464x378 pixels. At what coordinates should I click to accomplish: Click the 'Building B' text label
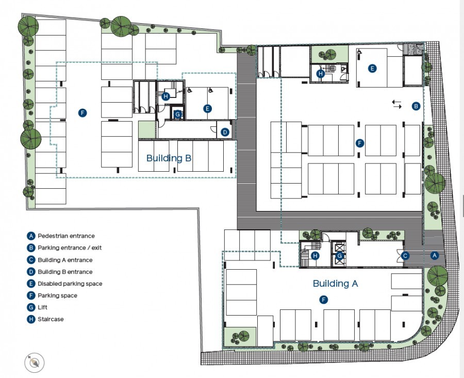point(169,158)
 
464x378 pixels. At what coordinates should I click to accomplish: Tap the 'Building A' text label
point(335,283)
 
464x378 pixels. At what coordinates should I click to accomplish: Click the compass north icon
point(35,363)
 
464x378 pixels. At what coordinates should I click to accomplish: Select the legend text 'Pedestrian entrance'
point(66,236)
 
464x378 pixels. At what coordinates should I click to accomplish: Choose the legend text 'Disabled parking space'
point(70,284)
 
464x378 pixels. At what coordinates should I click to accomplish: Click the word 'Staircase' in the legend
point(51,319)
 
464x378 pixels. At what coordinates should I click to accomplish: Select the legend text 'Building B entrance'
point(65,272)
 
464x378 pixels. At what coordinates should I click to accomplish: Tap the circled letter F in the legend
point(31,295)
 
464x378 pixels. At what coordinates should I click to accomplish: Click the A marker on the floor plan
point(434,255)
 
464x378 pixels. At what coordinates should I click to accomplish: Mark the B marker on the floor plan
point(416,106)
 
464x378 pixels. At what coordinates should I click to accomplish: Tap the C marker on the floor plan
point(406,255)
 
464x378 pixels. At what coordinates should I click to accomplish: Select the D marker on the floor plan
point(225,133)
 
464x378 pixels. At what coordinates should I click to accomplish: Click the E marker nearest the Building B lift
point(207,108)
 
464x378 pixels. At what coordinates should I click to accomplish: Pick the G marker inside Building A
point(340,255)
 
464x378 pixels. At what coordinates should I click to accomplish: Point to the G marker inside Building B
point(178,114)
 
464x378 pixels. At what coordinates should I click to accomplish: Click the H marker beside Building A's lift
point(314,255)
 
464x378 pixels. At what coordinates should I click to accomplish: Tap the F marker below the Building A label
point(323,299)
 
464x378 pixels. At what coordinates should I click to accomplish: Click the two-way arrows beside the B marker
point(396,104)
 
